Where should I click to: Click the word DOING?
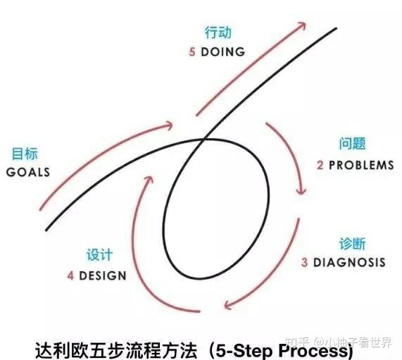coord(223,52)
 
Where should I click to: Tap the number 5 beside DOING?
coord(192,52)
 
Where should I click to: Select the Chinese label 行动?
coord(218,32)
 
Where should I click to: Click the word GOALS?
coord(28,172)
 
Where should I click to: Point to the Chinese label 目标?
coord(25,154)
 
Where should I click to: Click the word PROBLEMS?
coord(361,165)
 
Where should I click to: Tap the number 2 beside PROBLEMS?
coord(320,165)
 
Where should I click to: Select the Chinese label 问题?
coord(353,144)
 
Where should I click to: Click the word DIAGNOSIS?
coord(350,262)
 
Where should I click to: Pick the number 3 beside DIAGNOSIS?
coord(304,263)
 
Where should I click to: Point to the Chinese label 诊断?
coord(353,244)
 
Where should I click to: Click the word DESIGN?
coord(103,276)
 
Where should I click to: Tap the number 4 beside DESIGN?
coord(70,276)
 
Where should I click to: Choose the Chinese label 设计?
coord(100,255)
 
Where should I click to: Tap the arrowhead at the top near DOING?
coord(303,25)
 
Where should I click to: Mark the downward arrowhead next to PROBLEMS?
coord(301,192)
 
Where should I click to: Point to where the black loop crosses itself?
coord(204,139)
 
